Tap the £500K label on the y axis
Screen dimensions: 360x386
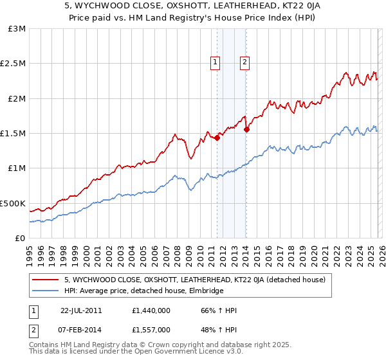13,203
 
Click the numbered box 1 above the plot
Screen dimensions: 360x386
214,62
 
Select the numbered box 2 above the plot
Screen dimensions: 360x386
245,62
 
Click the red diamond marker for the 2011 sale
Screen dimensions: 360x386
217,137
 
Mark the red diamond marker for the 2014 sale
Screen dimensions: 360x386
246,129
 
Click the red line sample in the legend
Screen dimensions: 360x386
46,280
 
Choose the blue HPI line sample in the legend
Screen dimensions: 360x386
46,291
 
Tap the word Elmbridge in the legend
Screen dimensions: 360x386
205,291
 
